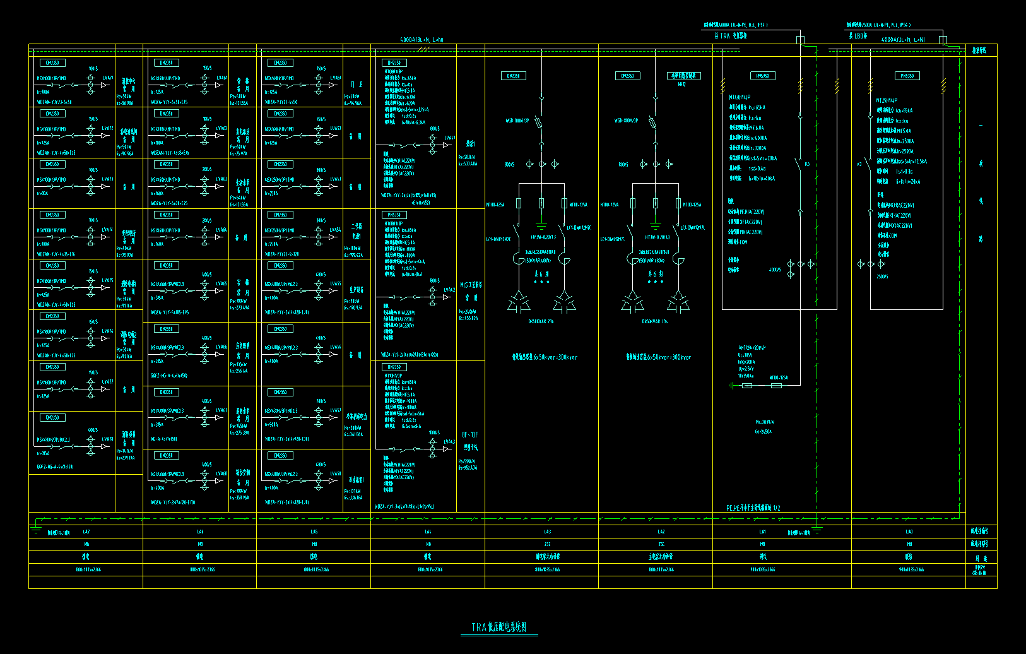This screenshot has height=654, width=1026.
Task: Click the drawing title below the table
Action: click(x=498, y=627)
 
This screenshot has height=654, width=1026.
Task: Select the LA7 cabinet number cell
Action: click(x=86, y=532)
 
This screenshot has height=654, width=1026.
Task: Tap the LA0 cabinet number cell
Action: click(x=909, y=532)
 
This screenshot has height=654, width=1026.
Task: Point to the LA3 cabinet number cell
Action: click(x=547, y=532)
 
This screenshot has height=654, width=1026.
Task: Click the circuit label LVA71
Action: click(x=108, y=78)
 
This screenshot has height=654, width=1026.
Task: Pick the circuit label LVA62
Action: click(x=221, y=128)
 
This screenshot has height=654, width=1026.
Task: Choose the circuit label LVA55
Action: click(x=336, y=283)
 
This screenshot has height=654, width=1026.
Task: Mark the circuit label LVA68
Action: click(x=221, y=473)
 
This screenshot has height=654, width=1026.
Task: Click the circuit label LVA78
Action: click(x=108, y=439)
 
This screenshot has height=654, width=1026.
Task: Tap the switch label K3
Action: click(x=807, y=164)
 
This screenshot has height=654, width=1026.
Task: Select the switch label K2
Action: click(x=859, y=164)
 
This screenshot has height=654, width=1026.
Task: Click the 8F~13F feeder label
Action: click(x=470, y=435)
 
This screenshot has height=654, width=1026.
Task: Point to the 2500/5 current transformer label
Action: click(x=882, y=276)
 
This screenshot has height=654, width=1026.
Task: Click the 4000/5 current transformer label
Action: click(x=774, y=270)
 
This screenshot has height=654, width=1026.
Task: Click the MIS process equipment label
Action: click(x=471, y=285)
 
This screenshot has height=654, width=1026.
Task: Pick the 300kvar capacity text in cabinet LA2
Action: click(x=659, y=357)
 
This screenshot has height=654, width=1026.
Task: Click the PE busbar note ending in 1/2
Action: click(x=753, y=508)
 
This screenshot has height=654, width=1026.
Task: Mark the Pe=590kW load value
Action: click(x=467, y=461)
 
